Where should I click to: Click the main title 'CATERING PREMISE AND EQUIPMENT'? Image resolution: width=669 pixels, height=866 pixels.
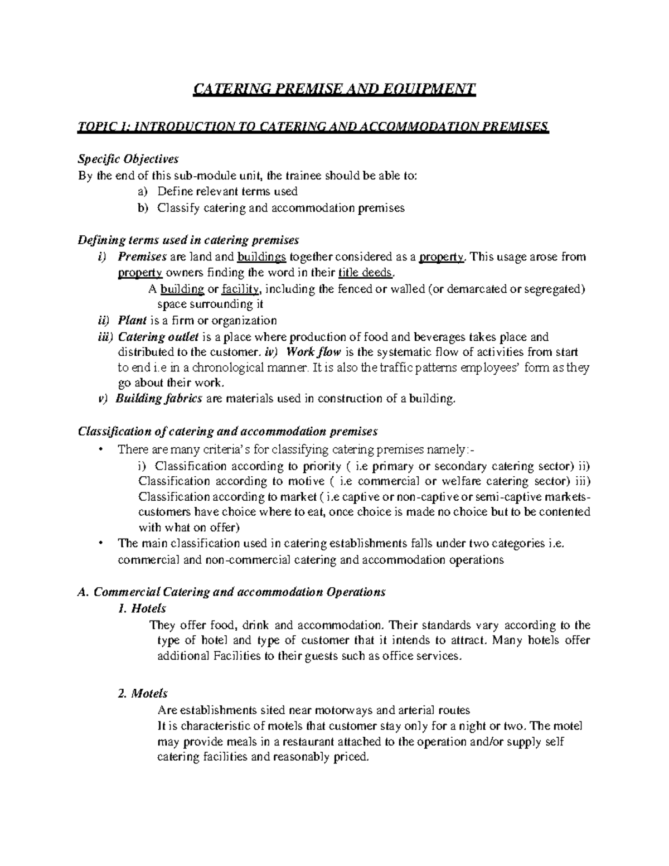point(334,90)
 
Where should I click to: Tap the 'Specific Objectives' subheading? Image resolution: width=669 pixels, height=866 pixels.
point(128,159)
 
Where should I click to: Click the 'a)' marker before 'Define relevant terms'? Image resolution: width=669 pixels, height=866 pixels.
point(142,191)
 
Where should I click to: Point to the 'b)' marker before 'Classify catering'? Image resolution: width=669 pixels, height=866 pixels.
point(142,208)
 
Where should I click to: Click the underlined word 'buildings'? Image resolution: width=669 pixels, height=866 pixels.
point(262,257)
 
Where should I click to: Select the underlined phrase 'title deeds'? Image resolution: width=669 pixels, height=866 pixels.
point(366,273)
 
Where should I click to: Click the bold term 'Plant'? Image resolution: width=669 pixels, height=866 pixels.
point(132,321)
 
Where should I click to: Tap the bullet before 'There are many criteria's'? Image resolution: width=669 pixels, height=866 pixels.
point(100,450)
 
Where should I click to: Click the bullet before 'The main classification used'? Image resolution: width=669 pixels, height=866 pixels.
point(100,544)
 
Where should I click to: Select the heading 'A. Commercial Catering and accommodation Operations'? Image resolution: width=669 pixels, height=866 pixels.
point(231,592)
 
